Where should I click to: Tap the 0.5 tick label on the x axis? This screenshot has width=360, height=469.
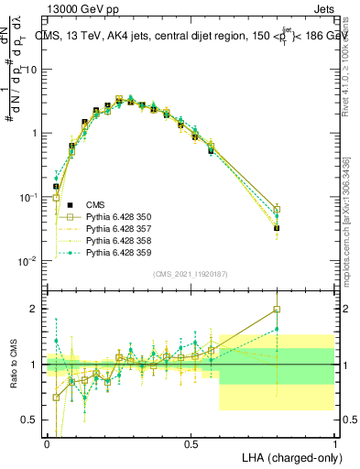(x=191, y=443)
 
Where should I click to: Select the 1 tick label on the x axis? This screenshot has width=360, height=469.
(x=334, y=443)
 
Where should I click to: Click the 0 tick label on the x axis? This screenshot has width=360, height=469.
(x=47, y=443)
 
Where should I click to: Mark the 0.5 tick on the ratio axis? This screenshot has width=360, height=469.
(x=28, y=420)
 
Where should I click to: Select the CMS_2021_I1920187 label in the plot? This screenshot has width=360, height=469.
(x=190, y=273)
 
